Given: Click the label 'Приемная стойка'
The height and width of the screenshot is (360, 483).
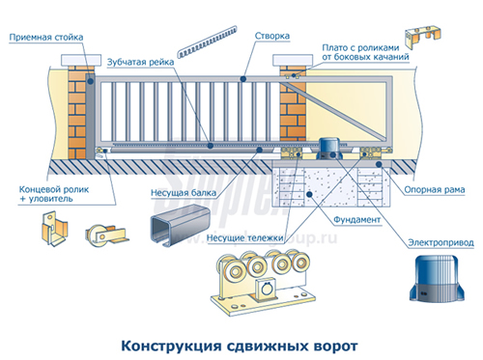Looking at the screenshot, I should [46, 38].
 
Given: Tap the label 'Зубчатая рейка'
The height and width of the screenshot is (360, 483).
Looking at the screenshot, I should [145, 60].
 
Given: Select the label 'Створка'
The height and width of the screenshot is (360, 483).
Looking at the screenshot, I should [272, 37].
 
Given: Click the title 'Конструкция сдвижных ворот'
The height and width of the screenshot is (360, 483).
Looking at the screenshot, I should [241, 343].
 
